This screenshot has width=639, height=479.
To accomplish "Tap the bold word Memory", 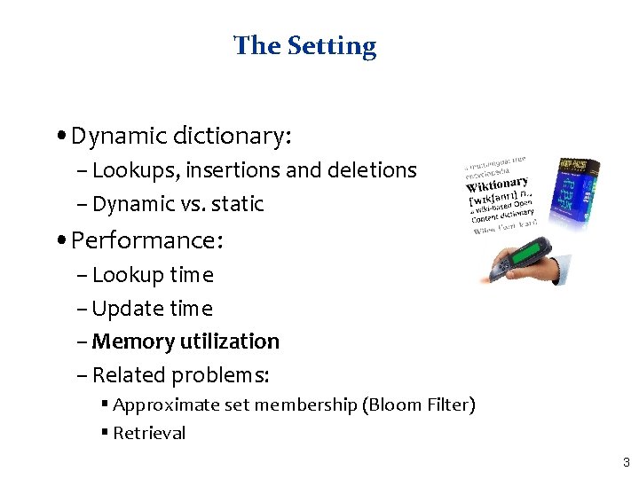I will tap(134, 342).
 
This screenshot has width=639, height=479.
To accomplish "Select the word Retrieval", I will tap(149, 434).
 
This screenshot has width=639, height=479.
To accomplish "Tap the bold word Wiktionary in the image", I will tap(496, 185).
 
